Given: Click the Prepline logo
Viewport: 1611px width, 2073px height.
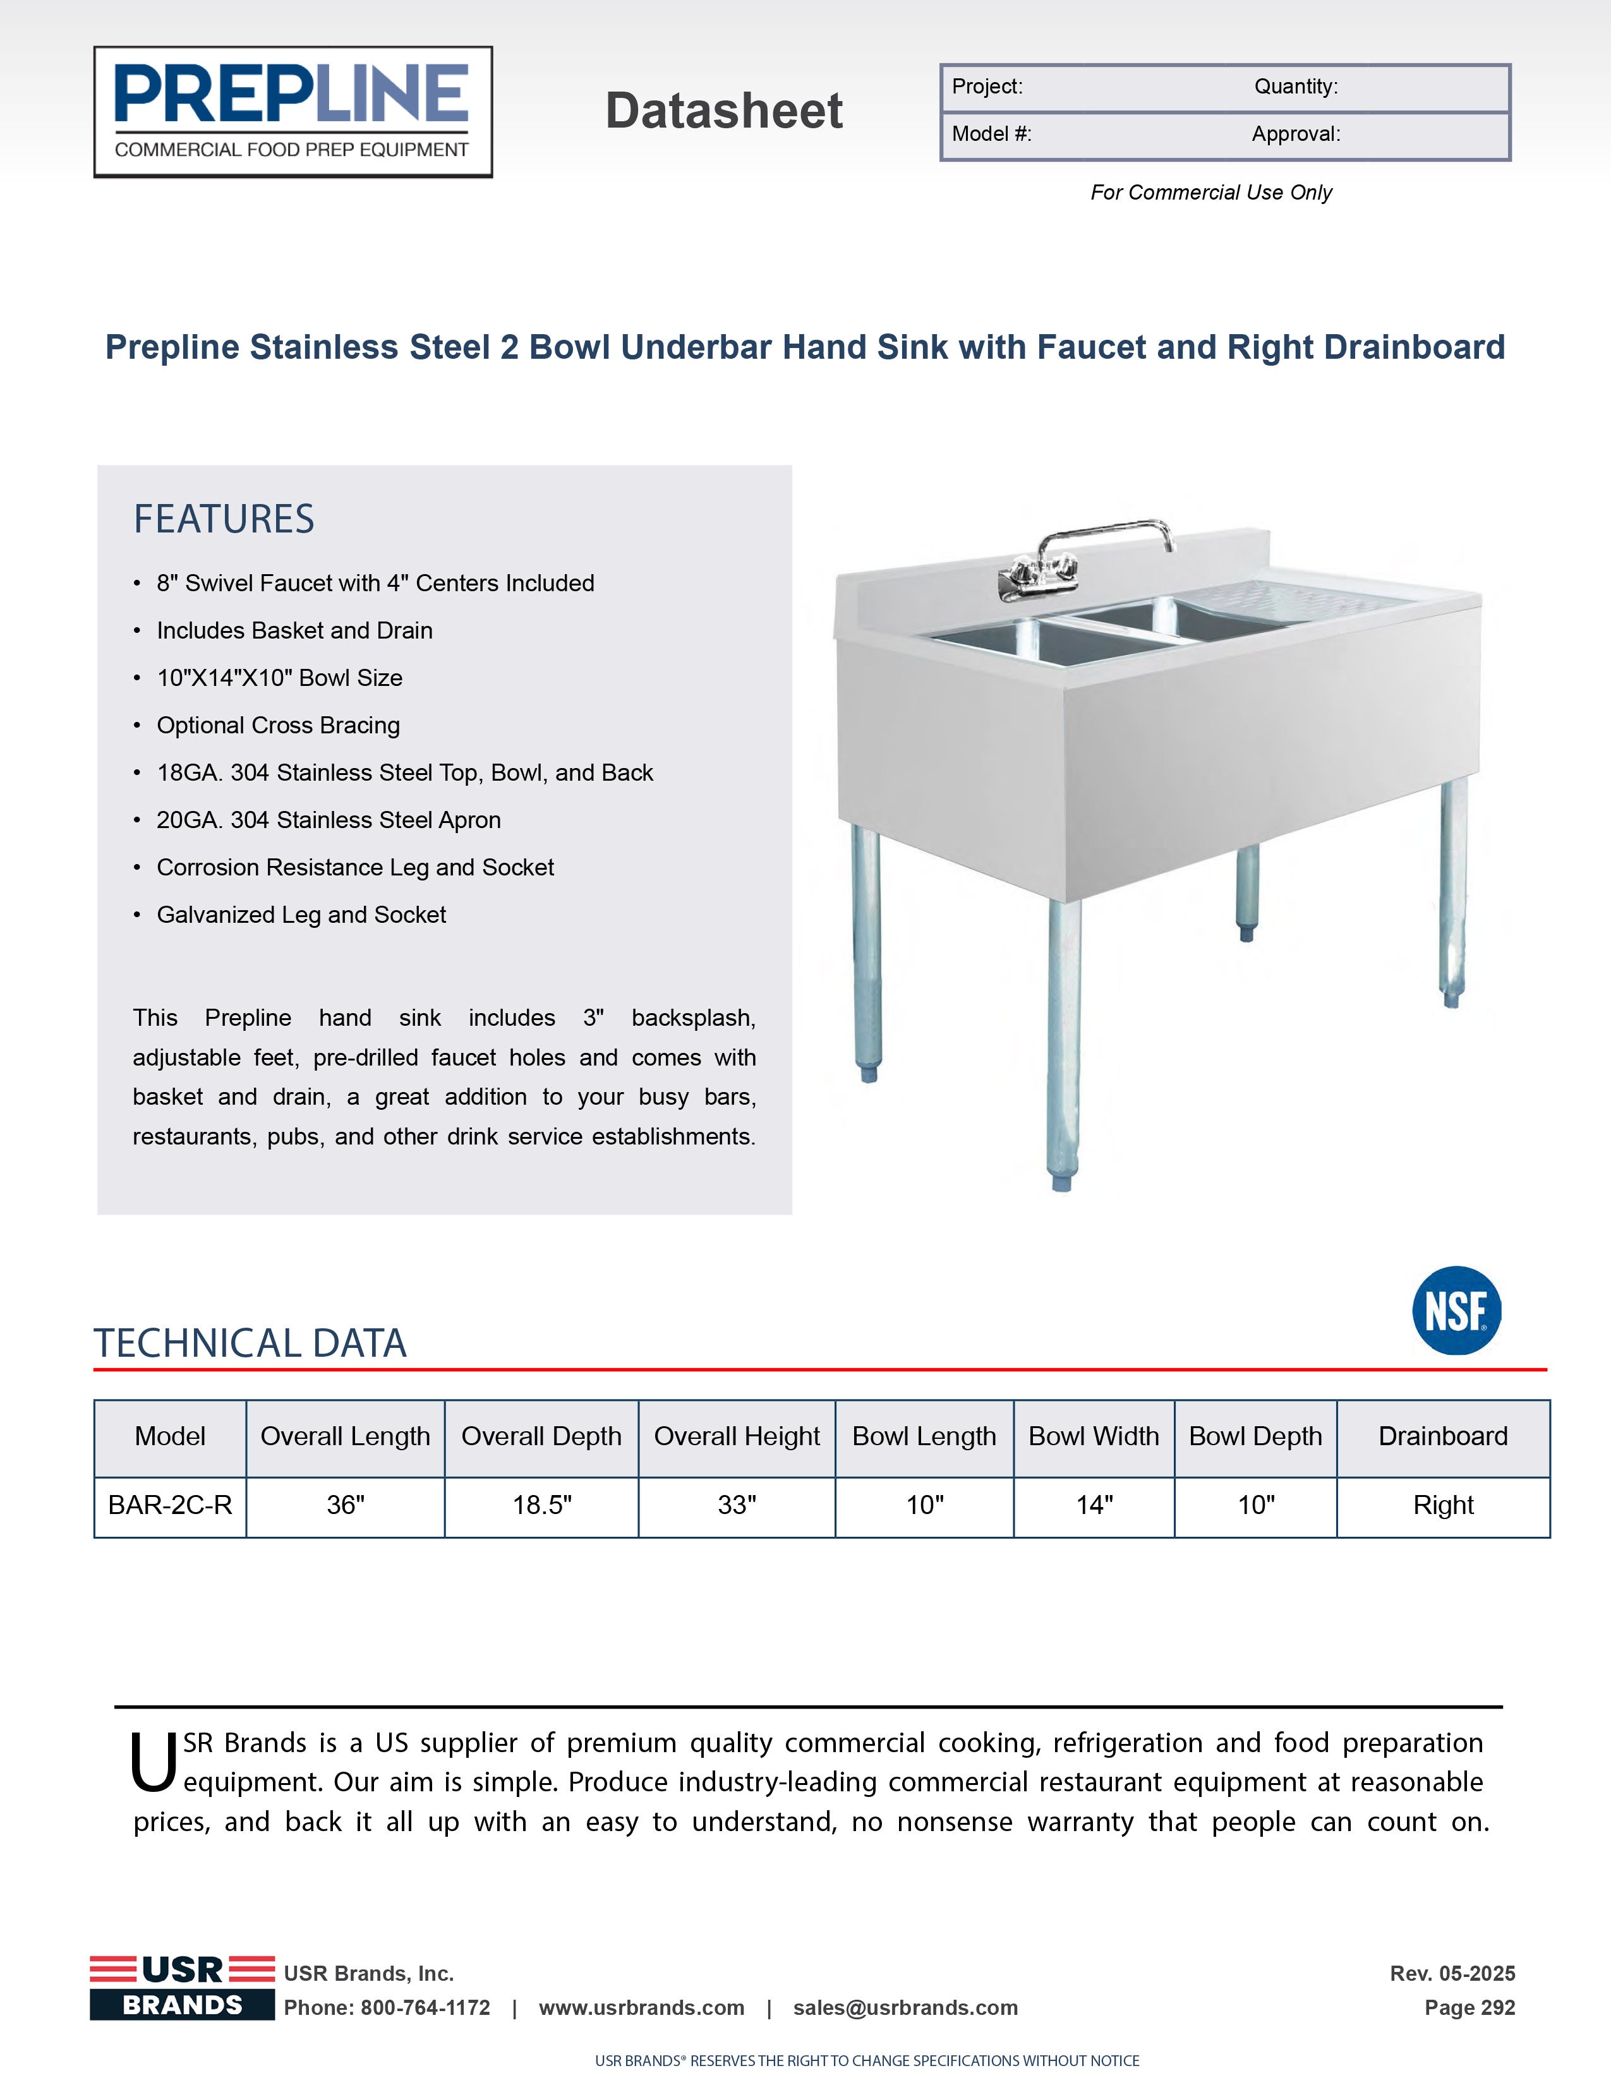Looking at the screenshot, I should coord(293,112).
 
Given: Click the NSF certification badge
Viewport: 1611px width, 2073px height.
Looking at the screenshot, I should coord(1456,1310).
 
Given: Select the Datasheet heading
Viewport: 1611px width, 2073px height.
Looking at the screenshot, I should coord(723,111).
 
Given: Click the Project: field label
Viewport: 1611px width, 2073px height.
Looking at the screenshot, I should coord(987,87).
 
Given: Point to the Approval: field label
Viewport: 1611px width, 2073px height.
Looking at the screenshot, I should coord(1296,134).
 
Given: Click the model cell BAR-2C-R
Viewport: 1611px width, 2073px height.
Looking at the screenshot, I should coord(170,1505).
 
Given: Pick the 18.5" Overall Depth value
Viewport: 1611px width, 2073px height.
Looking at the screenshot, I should coord(541,1505).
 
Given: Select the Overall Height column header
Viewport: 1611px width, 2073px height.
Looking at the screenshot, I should coord(737,1436).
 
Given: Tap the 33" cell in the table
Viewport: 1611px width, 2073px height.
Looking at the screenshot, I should coord(737,1505).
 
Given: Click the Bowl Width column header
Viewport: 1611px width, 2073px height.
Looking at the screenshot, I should coord(1094,1436).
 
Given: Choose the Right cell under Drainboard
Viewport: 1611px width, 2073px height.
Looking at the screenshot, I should coord(1443,1505).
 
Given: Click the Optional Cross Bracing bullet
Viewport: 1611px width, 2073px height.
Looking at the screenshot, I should coord(278,725).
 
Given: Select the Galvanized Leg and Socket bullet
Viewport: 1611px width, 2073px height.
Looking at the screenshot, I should coord(301,915).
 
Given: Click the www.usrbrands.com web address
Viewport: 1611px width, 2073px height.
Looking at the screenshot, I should coord(642,2007).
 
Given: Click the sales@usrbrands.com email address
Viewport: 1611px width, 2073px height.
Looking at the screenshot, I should coord(906,2007).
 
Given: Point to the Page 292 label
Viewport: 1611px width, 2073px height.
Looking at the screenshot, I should coord(1469,2007).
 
